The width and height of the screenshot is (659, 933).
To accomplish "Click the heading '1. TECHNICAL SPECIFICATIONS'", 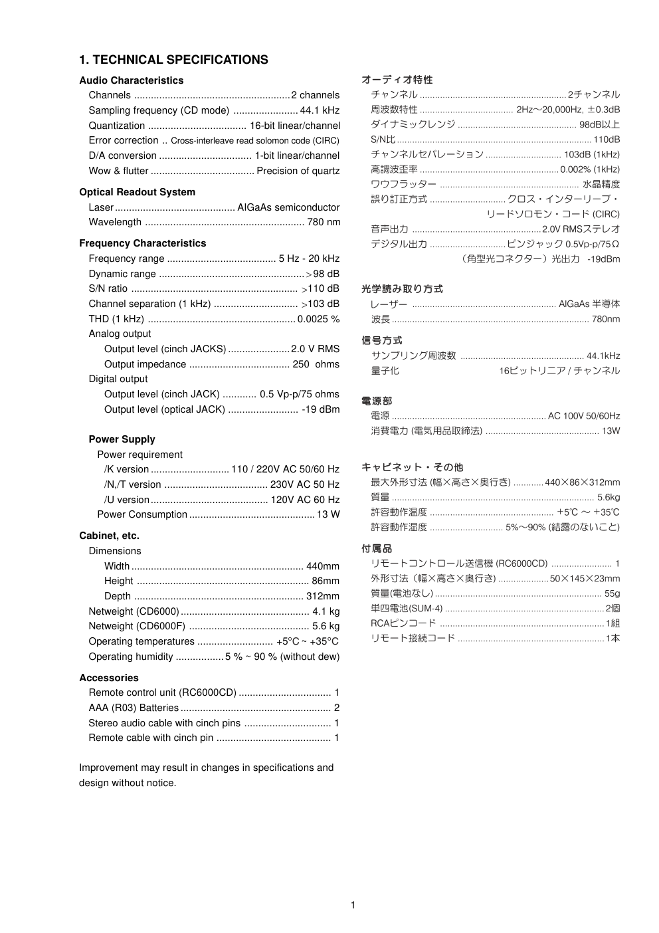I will click(x=173, y=60).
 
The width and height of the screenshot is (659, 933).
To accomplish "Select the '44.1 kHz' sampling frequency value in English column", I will click(x=320, y=110).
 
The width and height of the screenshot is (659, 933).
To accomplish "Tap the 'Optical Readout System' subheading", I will click(x=137, y=192).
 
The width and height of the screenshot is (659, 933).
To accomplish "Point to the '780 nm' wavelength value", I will click(x=324, y=222).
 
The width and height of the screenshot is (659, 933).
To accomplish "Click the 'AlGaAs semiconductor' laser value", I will click(x=288, y=207).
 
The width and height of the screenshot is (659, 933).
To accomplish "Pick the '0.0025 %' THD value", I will click(x=318, y=319).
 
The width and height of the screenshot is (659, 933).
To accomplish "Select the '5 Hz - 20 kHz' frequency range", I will click(x=309, y=259).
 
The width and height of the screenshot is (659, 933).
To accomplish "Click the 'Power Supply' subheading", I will click(x=122, y=439).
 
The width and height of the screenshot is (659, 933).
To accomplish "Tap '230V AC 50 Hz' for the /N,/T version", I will click(x=305, y=484).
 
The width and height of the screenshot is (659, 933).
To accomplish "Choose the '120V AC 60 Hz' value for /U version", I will click(x=305, y=500).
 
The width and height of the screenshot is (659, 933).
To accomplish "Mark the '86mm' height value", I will click(x=326, y=581).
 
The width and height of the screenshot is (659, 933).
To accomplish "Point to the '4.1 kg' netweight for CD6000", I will click(x=326, y=611).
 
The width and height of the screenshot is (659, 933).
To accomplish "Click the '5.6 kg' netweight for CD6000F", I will click(x=326, y=626).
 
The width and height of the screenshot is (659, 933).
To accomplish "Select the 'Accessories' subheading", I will click(x=109, y=678).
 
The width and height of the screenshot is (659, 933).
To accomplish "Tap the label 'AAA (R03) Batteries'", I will click(x=134, y=708).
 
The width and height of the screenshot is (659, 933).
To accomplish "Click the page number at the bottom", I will click(x=353, y=905).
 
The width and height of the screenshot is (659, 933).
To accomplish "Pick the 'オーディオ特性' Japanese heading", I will click(x=397, y=80).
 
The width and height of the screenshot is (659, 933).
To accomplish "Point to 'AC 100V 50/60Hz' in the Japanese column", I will click(x=584, y=416).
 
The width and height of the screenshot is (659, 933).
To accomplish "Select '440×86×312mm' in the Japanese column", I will click(x=582, y=482).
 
